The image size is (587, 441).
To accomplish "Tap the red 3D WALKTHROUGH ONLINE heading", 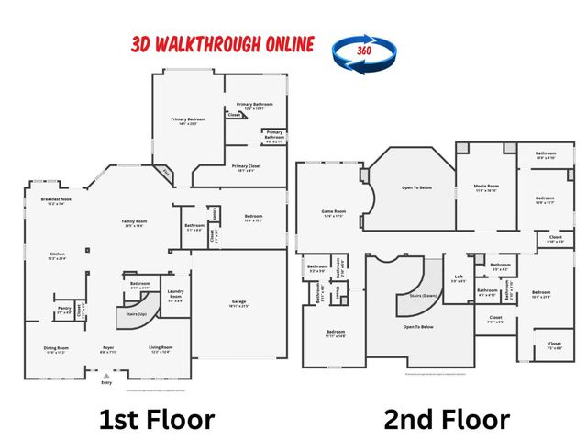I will (x=223, y=44).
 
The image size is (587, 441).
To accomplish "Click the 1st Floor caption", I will (x=157, y=420).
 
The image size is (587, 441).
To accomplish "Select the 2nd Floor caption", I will (x=447, y=420).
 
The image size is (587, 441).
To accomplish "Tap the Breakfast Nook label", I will (x=57, y=200).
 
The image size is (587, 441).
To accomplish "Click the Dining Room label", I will (x=57, y=348).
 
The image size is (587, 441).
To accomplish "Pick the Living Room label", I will (x=161, y=348).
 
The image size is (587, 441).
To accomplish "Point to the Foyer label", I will (x=108, y=348).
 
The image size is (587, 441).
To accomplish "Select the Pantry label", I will (x=64, y=309).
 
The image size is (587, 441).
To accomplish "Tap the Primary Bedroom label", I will (x=188, y=120).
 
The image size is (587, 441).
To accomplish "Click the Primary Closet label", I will (x=247, y=167).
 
